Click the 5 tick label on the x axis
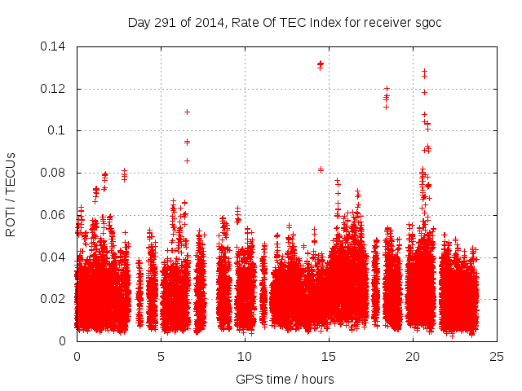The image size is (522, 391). [x=161, y=356]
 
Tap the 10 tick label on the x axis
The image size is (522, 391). [x=245, y=356]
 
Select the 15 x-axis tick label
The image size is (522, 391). [x=329, y=356]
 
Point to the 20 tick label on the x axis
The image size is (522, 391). [x=413, y=356]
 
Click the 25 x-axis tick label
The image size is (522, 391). [x=497, y=356]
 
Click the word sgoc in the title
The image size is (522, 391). [x=427, y=22]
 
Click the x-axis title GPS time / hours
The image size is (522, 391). [x=285, y=379]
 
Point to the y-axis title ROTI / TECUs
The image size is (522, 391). [x=11, y=194]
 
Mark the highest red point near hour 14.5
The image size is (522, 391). [x=321, y=63]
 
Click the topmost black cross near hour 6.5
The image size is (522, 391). [x=187, y=112]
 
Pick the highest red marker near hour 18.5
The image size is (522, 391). [x=387, y=88]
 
